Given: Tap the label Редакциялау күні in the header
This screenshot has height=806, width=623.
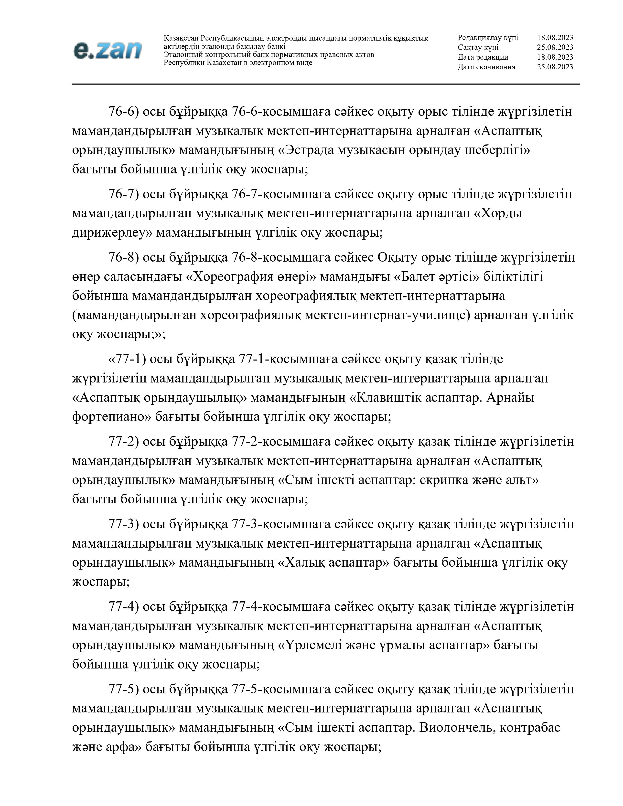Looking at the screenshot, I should coord(488,38).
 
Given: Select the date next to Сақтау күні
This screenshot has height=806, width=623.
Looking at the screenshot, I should coord(555,47).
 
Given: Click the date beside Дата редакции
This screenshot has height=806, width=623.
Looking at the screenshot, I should coord(555,57).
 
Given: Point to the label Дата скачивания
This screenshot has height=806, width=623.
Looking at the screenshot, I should coord(486,67).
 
